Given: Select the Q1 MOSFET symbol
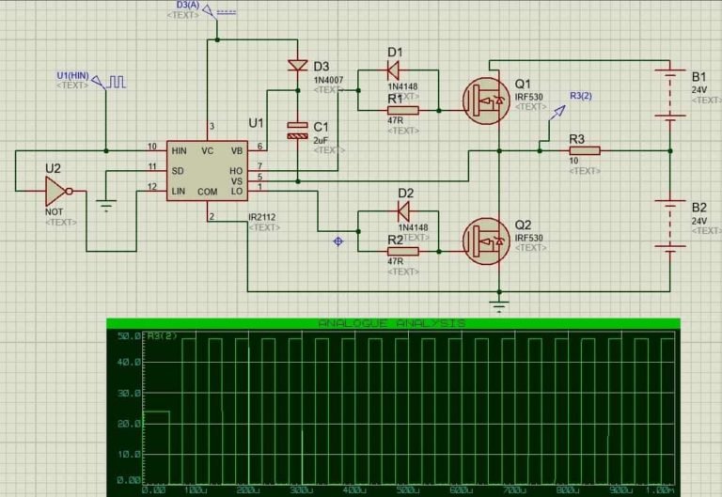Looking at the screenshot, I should click(487, 97).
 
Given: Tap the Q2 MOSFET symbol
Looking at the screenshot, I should click(487, 239).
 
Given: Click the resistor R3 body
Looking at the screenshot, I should click(584, 149).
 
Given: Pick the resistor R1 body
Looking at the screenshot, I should click(402, 110).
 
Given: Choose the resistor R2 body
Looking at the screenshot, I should click(402, 251).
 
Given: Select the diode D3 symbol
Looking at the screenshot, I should click(297, 66).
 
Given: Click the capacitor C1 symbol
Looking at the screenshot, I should click(297, 131).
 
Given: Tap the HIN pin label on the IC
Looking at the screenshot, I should click(180, 149).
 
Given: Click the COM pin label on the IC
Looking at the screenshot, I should click(208, 192).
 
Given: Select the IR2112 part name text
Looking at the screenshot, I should click(261, 217).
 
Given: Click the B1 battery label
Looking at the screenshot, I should click(698, 76).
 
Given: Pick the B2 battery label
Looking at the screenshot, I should click(698, 208).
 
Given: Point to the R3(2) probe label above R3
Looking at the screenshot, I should click(581, 96).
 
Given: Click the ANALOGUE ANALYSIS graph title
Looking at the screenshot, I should click(392, 322).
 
